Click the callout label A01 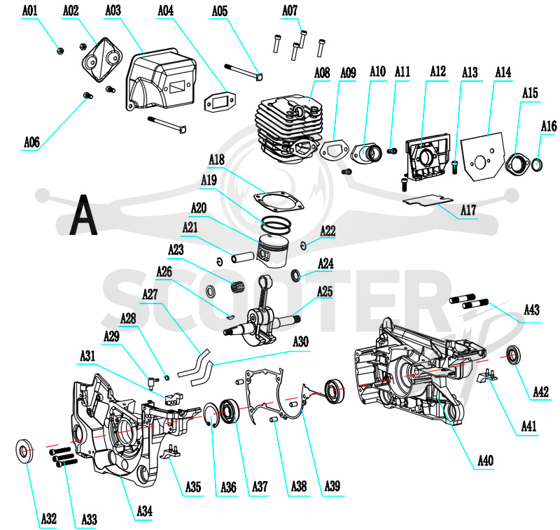point(29,10)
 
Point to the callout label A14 point(503,73)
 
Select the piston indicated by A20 point(272,250)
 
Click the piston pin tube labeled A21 point(242,257)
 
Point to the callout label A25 point(325,292)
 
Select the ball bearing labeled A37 point(229,412)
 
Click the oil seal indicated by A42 point(514,355)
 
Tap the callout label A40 point(485,461)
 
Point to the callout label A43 point(531,310)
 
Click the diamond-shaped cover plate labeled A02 point(102,60)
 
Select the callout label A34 point(145,511)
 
